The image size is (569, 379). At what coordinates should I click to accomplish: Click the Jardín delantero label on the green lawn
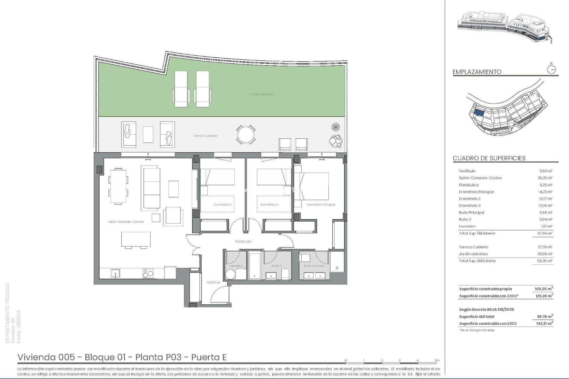[262, 94]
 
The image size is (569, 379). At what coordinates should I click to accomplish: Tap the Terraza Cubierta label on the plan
[205, 136]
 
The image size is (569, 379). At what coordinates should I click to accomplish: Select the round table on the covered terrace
[246, 135]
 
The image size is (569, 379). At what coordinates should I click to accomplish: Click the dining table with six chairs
[118, 186]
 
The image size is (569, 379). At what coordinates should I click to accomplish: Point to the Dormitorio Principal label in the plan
[321, 205]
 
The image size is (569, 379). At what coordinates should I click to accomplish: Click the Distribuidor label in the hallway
[243, 242]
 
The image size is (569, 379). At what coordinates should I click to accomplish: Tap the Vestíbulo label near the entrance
[213, 282]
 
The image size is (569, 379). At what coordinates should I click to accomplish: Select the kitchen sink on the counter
[115, 273]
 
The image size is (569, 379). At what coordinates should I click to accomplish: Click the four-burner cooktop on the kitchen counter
[148, 273]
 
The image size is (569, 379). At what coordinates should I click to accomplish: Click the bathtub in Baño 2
[254, 266]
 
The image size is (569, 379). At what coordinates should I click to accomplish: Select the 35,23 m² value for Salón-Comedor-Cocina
[546, 178]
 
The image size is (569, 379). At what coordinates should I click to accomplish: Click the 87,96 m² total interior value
[546, 233]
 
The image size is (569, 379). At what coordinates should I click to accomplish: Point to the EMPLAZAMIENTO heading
[477, 72]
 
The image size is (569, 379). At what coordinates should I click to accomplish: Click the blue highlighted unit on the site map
[479, 113]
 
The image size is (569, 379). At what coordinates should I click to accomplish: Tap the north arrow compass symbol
[552, 70]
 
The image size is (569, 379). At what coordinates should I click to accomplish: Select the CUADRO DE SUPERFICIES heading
[489, 158]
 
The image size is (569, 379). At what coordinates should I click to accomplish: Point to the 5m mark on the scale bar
[437, 361]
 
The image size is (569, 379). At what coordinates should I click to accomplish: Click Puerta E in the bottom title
[209, 357]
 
